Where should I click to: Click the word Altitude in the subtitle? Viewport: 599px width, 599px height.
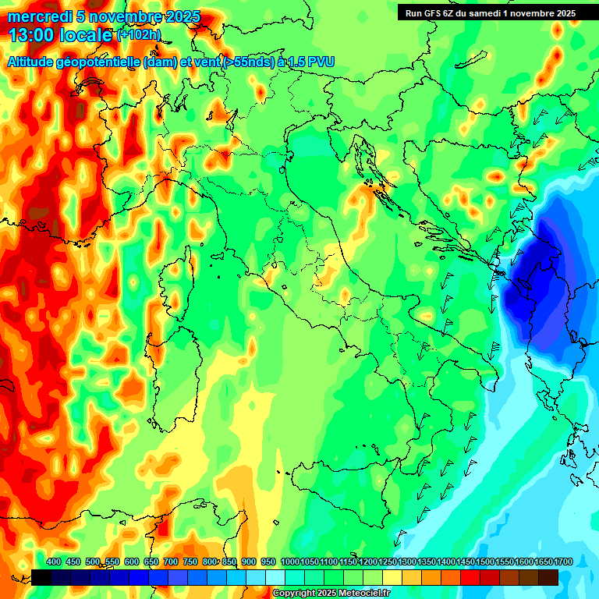[x=34, y=62]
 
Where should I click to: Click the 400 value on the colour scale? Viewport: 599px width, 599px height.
[x=54, y=562]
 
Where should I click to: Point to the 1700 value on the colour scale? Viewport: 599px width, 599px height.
[x=543, y=562]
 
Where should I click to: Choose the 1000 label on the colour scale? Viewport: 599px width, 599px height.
[x=289, y=562]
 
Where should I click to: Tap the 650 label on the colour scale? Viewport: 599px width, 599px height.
[x=151, y=562]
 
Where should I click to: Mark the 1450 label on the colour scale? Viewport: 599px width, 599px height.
[x=445, y=562]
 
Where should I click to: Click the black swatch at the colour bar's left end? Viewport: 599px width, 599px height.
[x=41, y=577]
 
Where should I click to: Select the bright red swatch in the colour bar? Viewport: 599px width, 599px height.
[x=470, y=577]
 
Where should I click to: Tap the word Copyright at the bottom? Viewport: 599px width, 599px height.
[x=294, y=594]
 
